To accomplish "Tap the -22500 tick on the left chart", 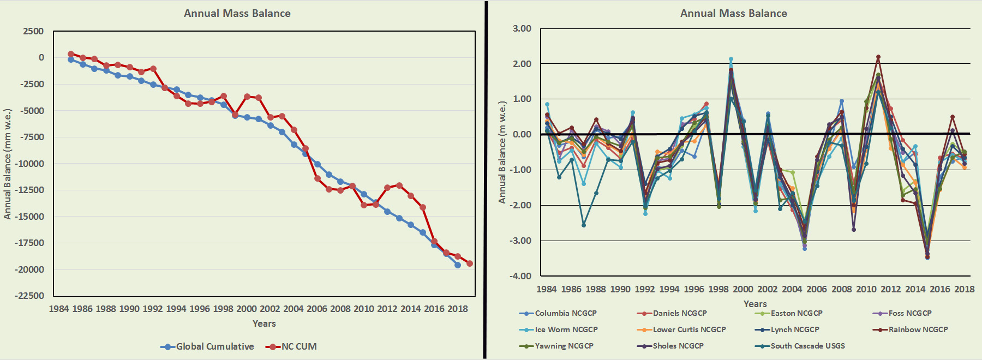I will tap(29, 296).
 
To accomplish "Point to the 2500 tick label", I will tap(33, 31).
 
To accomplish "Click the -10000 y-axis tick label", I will tap(29, 164).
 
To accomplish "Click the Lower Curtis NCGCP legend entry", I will tap(689, 329).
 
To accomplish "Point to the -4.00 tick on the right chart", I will tap(520, 276).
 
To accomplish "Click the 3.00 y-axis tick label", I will tap(522, 28).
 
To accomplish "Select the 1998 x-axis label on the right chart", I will tap(718, 289).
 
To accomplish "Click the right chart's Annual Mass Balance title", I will tap(733, 13).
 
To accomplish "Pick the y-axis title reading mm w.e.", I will tap(8, 164).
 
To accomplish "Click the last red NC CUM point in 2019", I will tap(470, 263).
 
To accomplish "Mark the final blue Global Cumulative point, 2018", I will tap(458, 265).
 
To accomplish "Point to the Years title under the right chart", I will tap(755, 304).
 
